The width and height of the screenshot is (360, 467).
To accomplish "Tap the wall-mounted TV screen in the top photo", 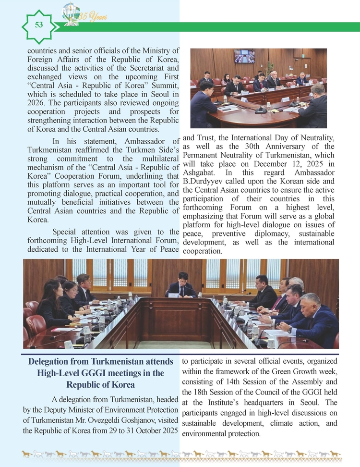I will (x=244, y=56).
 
